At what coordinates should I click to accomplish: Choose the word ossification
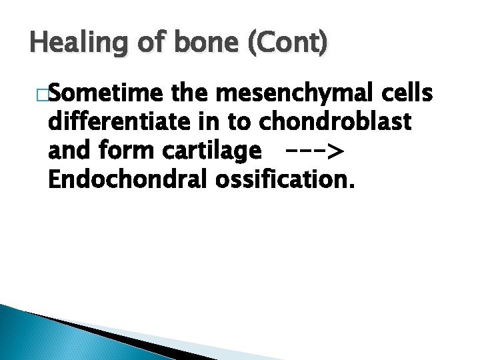(x=283, y=181)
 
